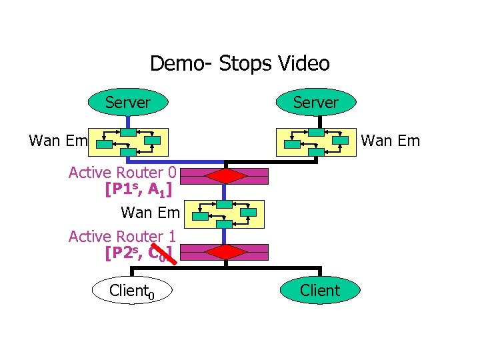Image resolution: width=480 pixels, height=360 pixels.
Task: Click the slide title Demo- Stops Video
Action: click(x=239, y=64)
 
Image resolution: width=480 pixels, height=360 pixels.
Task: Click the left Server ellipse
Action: click(x=127, y=102)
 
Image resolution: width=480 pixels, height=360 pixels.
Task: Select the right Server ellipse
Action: click(x=316, y=102)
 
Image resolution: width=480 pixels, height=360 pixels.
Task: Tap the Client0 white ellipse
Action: click(x=131, y=291)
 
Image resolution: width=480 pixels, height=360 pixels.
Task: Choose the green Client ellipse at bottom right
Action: click(x=319, y=290)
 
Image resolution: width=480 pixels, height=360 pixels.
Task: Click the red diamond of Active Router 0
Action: click(x=227, y=176)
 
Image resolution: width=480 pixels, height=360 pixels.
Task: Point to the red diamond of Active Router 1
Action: click(x=227, y=252)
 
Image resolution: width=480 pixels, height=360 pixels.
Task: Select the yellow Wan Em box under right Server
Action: click(x=317, y=141)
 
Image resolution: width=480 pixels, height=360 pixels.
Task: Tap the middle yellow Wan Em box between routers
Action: click(x=226, y=214)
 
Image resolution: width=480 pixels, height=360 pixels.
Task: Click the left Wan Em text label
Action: click(x=58, y=141)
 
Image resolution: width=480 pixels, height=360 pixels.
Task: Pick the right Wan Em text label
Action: click(x=391, y=141)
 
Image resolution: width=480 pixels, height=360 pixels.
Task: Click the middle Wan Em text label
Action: click(x=150, y=213)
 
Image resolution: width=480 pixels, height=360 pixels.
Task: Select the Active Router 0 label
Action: click(x=122, y=173)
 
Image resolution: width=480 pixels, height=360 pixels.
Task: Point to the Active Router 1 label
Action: click(x=122, y=236)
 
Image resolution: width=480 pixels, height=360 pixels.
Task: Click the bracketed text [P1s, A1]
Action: click(x=139, y=190)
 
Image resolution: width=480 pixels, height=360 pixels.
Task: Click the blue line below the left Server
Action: click(x=127, y=121)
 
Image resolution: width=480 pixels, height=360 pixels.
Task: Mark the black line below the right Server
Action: click(x=321, y=121)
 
